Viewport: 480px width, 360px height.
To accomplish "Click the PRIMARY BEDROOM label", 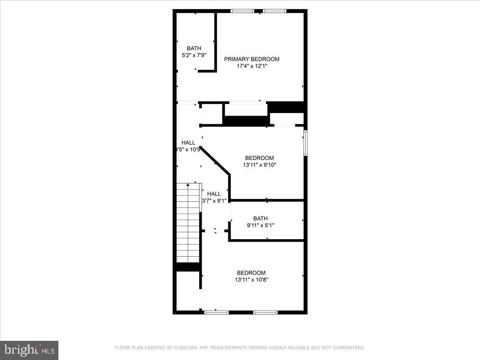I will click(252, 59).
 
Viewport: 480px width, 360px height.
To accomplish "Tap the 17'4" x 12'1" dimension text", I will click(252, 66).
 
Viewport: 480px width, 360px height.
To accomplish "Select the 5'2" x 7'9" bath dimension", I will click(194, 55).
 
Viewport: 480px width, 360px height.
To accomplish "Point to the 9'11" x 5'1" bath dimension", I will click(260, 225).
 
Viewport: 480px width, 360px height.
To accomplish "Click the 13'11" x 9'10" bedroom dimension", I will click(260, 164).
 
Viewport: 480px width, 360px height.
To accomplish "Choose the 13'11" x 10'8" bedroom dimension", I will click(251, 280).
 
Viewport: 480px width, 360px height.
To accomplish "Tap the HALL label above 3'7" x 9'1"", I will click(214, 194).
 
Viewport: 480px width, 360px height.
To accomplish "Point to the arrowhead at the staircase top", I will click(188, 184).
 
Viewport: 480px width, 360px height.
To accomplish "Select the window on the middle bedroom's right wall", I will click(305, 143).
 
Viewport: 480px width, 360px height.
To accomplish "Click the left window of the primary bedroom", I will click(243, 11).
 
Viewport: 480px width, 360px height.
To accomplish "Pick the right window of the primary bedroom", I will click(274, 11).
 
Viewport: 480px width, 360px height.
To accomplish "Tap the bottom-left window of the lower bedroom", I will click(216, 312).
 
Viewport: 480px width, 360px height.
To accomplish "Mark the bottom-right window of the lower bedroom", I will click(266, 312).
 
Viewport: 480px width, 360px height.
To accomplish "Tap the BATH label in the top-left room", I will click(194, 48).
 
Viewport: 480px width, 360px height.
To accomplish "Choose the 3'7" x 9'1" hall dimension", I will click(214, 201).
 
